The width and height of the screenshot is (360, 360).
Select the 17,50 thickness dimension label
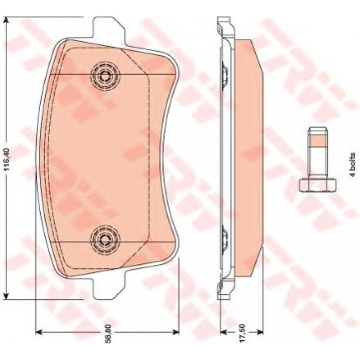(243, 333)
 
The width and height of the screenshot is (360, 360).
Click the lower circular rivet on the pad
(106, 241)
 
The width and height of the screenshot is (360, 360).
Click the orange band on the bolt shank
(318, 140)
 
